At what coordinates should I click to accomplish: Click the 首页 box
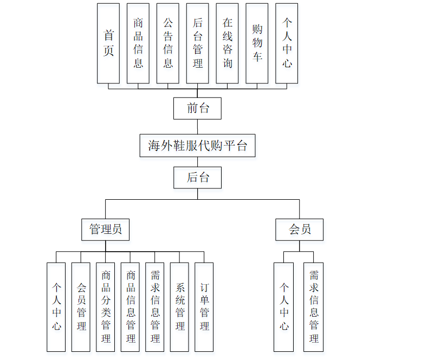pyautogui.click(x=108, y=43)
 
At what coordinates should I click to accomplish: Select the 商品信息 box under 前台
pyautogui.click(x=138, y=43)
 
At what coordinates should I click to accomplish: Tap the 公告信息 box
pyautogui.click(x=168, y=43)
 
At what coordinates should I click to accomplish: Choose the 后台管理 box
pyautogui.click(x=197, y=43)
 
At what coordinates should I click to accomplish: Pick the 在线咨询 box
pyautogui.click(x=227, y=43)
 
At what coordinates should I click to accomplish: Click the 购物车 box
pyautogui.click(x=257, y=43)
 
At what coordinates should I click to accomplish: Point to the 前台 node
pyautogui.click(x=197, y=108)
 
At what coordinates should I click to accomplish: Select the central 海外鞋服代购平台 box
pyautogui.click(x=197, y=146)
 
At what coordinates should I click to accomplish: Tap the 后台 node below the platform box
pyautogui.click(x=197, y=178)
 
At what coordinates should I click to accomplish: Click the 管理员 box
pyautogui.click(x=106, y=230)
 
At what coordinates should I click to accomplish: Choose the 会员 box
pyautogui.click(x=300, y=230)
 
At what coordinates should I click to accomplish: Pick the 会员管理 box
pyautogui.click(x=81, y=307)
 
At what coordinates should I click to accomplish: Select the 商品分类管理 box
pyautogui.click(x=106, y=307)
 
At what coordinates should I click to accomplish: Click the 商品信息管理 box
pyautogui.click(x=131, y=307)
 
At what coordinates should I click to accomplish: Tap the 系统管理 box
pyautogui.click(x=180, y=307)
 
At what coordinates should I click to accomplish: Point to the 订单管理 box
pyautogui.click(x=204, y=307)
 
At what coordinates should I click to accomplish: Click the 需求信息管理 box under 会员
pyautogui.click(x=314, y=307)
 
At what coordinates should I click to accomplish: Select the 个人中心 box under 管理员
pyautogui.click(x=56, y=307)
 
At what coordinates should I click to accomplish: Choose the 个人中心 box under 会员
pyautogui.click(x=284, y=307)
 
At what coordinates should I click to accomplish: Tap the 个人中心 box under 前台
pyautogui.click(x=287, y=43)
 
